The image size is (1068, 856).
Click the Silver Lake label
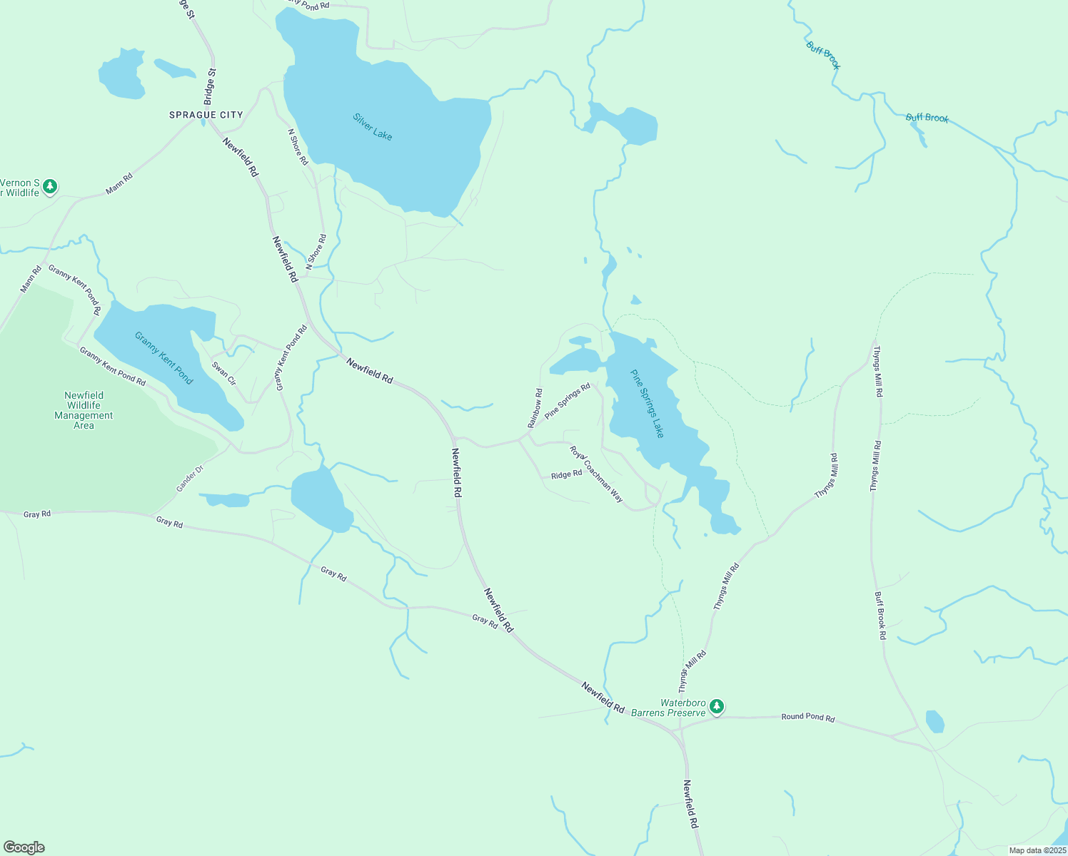pos(373,127)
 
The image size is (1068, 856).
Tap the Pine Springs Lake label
pos(648,404)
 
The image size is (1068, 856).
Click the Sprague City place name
pos(206,115)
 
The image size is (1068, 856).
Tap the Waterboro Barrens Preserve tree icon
pos(717,707)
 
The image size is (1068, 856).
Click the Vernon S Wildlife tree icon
pos(49,187)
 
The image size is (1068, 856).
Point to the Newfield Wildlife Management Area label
pos(84,410)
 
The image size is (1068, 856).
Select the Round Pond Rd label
pos(807,717)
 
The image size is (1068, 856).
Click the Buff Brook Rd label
pos(880,615)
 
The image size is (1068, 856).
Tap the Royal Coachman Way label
pos(596,474)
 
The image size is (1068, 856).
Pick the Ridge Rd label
pos(566,474)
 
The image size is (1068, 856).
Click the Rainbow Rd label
pos(535,408)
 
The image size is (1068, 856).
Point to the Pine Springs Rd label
pos(567,401)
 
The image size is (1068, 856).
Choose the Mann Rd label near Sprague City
pos(119,184)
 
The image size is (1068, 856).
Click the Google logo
pos(24,847)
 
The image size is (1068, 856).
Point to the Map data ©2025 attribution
pos(1037,850)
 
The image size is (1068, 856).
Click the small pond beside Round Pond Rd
pos(934,721)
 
